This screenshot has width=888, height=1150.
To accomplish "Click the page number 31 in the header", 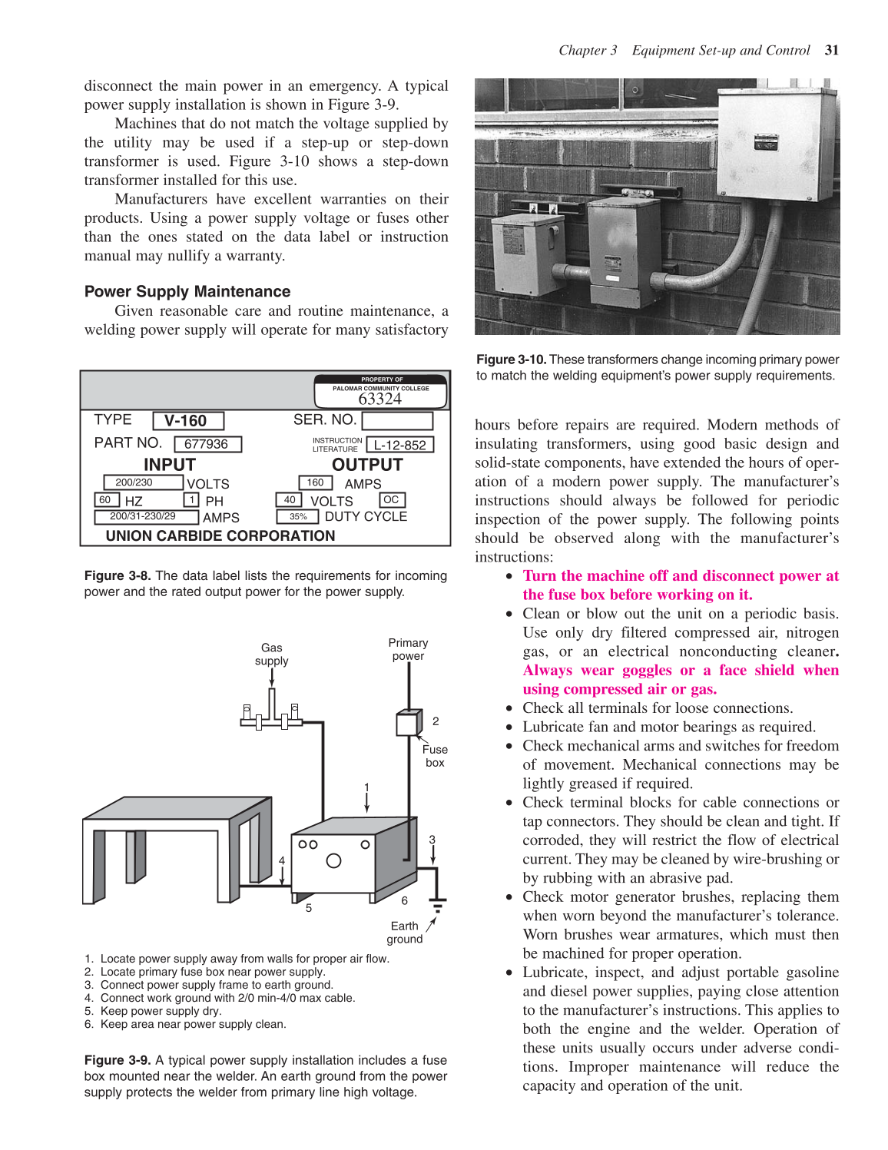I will click(831, 51).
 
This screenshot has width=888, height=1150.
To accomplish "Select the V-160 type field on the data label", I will click(187, 421).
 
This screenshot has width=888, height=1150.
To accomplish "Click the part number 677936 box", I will click(207, 444).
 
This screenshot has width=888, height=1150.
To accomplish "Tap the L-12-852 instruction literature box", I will click(399, 445).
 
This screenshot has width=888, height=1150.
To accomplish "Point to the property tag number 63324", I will click(379, 399).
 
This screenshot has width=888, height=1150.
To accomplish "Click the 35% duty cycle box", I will click(299, 517).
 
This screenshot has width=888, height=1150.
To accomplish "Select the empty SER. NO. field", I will click(396, 421).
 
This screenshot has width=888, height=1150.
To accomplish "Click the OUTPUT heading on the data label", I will click(366, 465).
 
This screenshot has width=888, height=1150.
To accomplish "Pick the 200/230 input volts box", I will click(143, 482).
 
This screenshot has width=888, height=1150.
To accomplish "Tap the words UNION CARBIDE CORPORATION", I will click(220, 535).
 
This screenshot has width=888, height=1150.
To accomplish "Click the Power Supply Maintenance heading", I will click(187, 292).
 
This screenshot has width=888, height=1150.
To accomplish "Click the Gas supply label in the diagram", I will click(271, 654).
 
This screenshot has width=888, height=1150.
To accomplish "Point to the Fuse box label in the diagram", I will click(435, 755).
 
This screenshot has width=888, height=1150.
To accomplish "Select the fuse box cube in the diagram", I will click(408, 723).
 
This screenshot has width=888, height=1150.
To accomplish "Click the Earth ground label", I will click(404, 932).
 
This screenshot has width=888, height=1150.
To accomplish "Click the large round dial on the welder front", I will click(333, 860).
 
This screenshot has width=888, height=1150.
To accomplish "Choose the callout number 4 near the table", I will click(282, 860).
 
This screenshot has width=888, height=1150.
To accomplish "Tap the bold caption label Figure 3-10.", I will click(511, 360).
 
